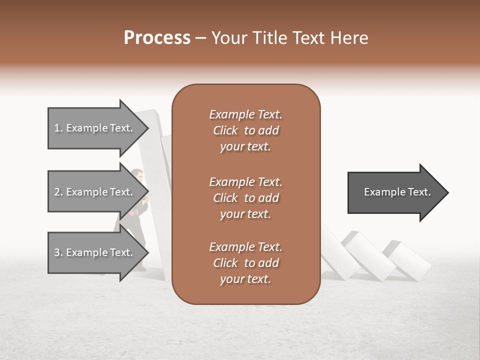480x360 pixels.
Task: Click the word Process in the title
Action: click(x=157, y=38)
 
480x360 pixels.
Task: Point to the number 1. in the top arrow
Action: click(x=58, y=128)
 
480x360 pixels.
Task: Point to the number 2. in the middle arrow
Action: click(x=58, y=192)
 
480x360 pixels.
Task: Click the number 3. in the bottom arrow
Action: click(x=58, y=252)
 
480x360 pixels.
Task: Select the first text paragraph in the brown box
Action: click(x=245, y=130)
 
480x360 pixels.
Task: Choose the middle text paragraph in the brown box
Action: click(x=245, y=197)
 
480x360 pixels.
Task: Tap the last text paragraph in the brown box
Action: click(x=245, y=263)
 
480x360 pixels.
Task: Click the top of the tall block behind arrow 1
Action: click(x=150, y=113)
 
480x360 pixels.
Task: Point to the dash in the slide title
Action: click(x=201, y=38)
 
